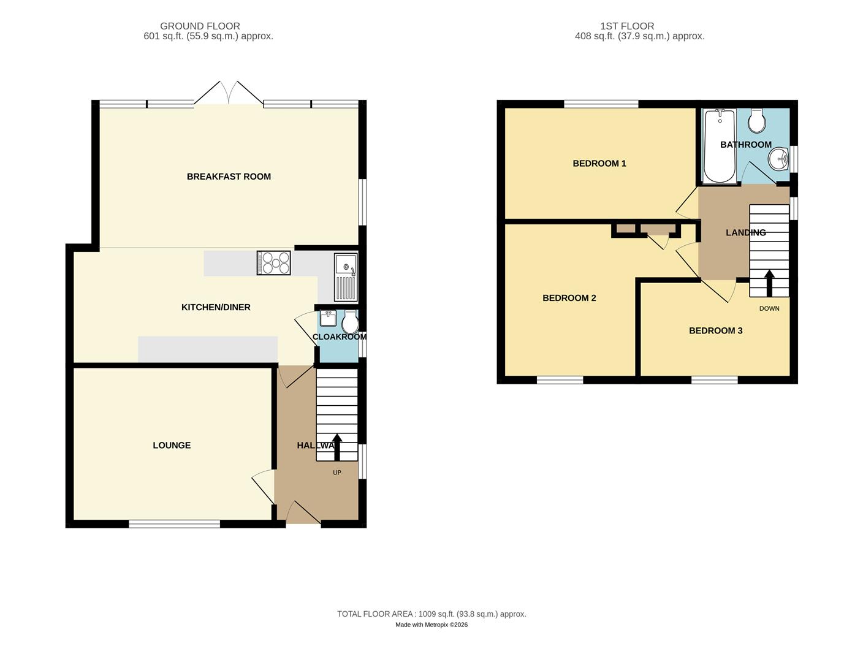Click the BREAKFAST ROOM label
(x=229, y=177)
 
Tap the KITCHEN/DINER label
(x=216, y=307)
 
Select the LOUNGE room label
(x=172, y=446)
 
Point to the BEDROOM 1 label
(x=599, y=164)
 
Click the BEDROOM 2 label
(x=569, y=299)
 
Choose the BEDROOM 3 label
(x=715, y=331)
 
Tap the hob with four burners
(x=273, y=263)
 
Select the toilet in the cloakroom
(x=350, y=322)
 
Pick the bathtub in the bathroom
(x=720, y=147)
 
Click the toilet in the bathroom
(x=758, y=121)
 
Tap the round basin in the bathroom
(x=779, y=159)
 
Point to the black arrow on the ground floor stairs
(x=336, y=446)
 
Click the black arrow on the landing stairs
(x=769, y=283)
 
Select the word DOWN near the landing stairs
(x=769, y=308)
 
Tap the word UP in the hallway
(x=336, y=473)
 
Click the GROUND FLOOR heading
(x=200, y=26)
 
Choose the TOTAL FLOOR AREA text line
(x=431, y=614)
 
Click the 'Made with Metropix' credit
(x=431, y=625)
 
